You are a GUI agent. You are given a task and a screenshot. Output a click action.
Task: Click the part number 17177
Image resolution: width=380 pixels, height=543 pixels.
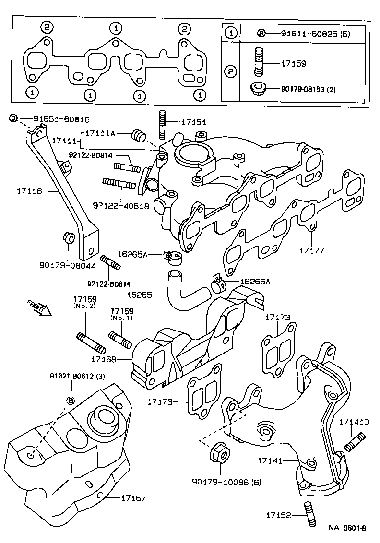click(x=312, y=250)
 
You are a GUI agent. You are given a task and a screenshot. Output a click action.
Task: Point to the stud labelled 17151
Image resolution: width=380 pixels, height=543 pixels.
click(x=162, y=122)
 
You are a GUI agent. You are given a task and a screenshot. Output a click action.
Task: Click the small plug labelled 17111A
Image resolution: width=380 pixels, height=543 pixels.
click(x=139, y=135)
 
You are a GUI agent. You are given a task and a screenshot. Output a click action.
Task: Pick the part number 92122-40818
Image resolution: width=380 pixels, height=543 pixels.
click(x=121, y=205)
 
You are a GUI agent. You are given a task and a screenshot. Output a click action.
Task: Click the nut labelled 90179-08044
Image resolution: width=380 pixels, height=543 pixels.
click(x=68, y=238)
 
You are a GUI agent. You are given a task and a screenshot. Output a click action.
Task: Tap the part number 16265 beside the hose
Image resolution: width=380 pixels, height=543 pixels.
click(x=141, y=295)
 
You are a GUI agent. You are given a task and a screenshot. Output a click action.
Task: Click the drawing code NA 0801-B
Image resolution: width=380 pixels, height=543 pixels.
click(x=347, y=528)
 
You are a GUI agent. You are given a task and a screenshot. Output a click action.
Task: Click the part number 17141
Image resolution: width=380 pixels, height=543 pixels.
click(x=270, y=460)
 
